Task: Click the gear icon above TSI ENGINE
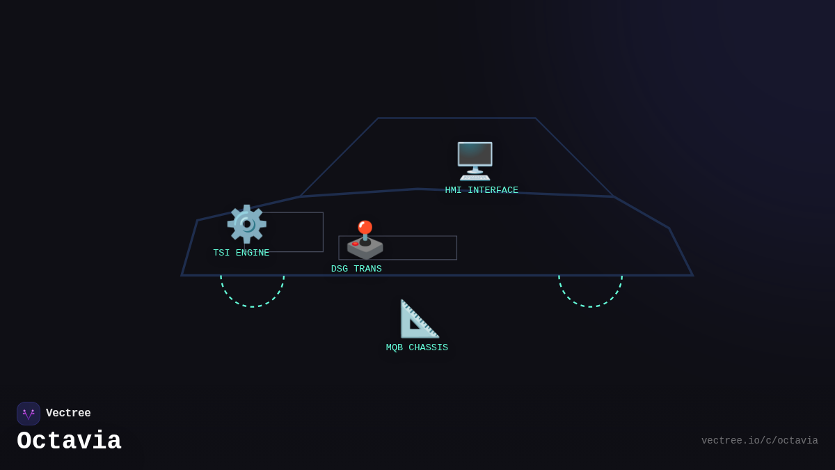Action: pyautogui.click(x=246, y=224)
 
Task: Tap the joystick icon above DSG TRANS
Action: pyautogui.click(x=365, y=241)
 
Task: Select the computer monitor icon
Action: pyautogui.click(x=475, y=161)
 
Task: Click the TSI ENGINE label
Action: pyautogui.click(x=241, y=253)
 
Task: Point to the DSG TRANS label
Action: pyautogui.click(x=356, y=269)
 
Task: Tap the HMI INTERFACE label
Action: pyautogui.click(x=482, y=191)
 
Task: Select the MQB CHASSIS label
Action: pyautogui.click(x=417, y=348)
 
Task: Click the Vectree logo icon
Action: pyautogui.click(x=29, y=414)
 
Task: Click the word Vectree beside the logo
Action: pyautogui.click(x=68, y=414)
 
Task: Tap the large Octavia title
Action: pyautogui.click(x=69, y=441)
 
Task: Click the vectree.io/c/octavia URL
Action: pyautogui.click(x=759, y=441)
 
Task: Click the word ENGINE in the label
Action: pyautogui.click(x=253, y=253)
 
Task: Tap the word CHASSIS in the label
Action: pyautogui.click(x=428, y=348)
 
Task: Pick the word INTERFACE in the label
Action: pyautogui.click(x=493, y=191)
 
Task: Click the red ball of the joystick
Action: pyautogui.click(x=365, y=227)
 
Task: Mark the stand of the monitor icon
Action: pyautogui.click(x=475, y=173)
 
